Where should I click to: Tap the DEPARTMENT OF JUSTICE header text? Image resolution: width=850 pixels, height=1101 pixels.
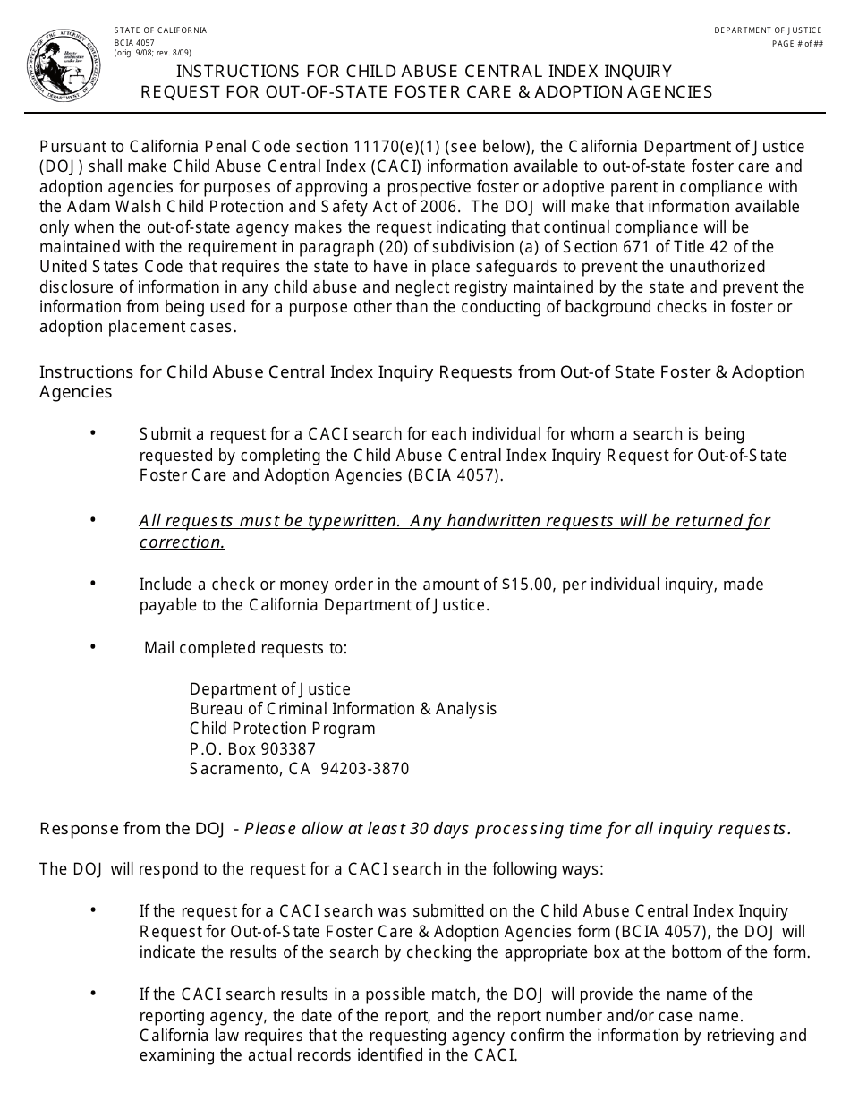point(768,30)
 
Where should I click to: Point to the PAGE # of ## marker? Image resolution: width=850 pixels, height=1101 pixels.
point(797,44)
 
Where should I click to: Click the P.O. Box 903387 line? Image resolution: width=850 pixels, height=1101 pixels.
point(252,748)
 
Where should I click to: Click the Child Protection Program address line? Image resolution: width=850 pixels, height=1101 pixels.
point(282,729)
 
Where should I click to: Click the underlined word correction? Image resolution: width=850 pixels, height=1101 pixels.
point(182,542)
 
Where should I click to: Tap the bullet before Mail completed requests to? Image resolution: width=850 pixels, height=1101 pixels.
point(93,646)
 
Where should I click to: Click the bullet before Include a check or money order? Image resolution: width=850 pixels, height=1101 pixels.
point(93,584)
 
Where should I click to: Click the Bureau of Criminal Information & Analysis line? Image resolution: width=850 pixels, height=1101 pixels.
point(343,709)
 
